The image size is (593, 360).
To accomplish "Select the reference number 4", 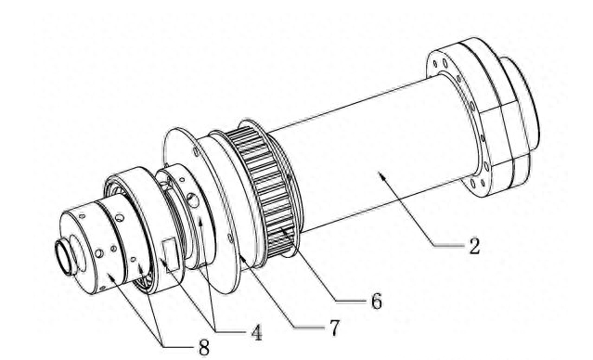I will pos(243,331).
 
